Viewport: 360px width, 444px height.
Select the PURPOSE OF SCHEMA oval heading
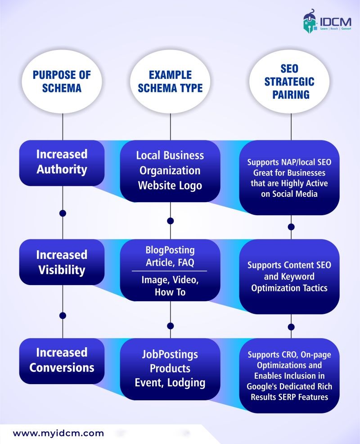(62, 82)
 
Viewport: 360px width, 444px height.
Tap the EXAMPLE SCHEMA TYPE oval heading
(170, 82)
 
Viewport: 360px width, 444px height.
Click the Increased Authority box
(62, 162)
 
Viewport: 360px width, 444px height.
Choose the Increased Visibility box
(62, 263)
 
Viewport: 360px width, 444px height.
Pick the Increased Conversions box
(62, 360)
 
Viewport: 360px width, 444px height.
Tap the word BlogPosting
(170, 250)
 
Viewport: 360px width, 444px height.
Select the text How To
(170, 292)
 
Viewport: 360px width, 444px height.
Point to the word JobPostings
(170, 354)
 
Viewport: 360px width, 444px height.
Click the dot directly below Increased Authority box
(63, 213)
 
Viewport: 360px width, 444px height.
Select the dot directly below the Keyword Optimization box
(291, 326)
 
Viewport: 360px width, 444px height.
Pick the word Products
(170, 369)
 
